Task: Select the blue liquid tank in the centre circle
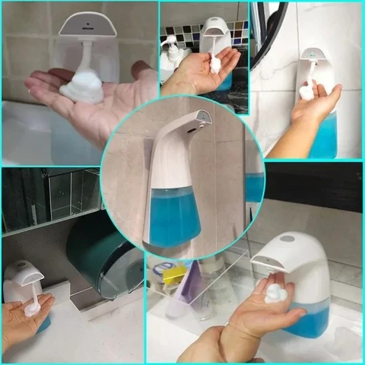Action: [x=175, y=214]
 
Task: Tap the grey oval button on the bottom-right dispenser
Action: [x=287, y=239]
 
